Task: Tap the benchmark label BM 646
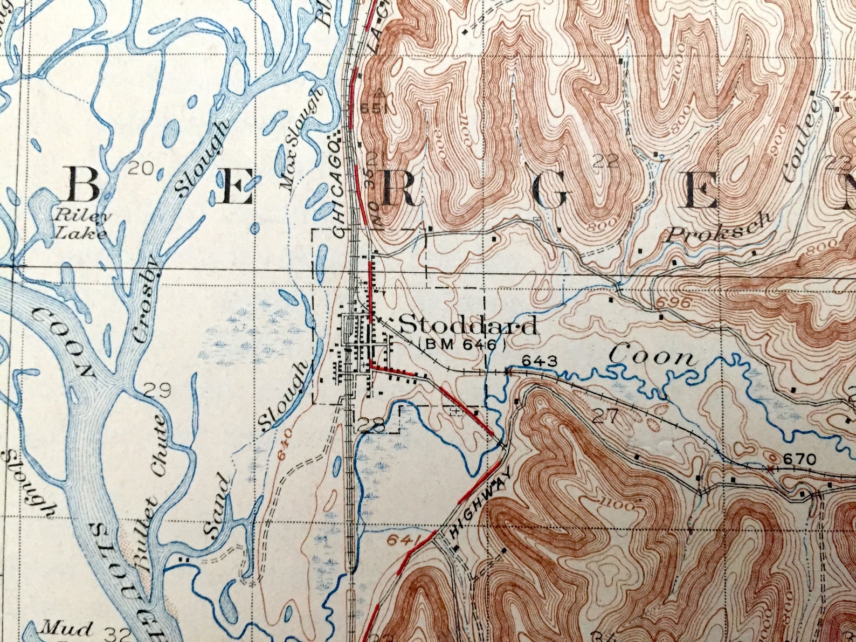pyautogui.click(x=462, y=344)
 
